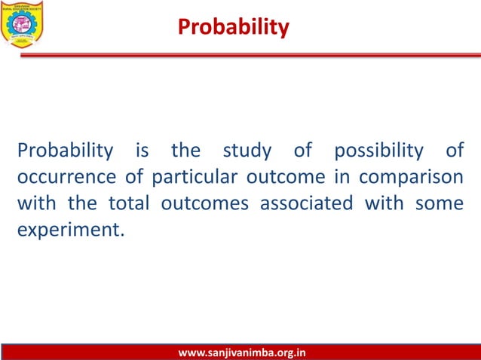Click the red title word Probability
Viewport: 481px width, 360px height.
[233, 28]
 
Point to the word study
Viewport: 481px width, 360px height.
[247, 151]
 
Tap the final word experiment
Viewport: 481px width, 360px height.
[68, 230]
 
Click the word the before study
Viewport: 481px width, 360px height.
[185, 151]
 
